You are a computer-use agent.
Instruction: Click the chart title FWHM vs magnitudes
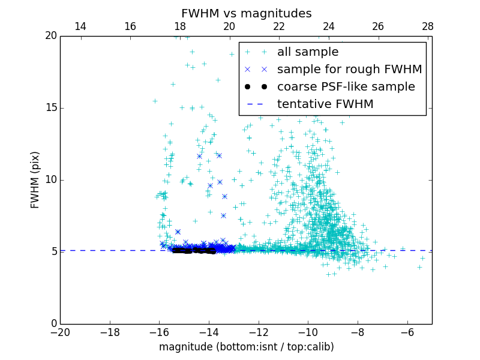pos(246,13)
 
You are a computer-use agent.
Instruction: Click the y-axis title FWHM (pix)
pos(35,179)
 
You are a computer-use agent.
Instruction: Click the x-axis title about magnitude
pos(246,347)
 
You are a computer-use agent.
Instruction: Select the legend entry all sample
pos(308,52)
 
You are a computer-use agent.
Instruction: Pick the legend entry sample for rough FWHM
pos(349,70)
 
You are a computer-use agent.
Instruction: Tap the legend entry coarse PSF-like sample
pos(346,87)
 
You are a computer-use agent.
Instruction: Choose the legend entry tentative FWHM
pos(325,104)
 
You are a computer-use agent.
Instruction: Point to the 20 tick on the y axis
pos(50,36)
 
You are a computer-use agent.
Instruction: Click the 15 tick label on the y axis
pos(50,108)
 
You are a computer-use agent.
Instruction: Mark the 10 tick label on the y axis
pos(50,180)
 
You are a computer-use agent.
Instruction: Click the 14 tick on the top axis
pos(80,26)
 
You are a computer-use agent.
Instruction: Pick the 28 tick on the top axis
pos(427,26)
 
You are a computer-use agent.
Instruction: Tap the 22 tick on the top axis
pos(278,26)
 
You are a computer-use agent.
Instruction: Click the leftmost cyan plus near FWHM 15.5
pos(155,101)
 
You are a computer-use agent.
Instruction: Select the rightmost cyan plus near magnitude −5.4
pos(422,258)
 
